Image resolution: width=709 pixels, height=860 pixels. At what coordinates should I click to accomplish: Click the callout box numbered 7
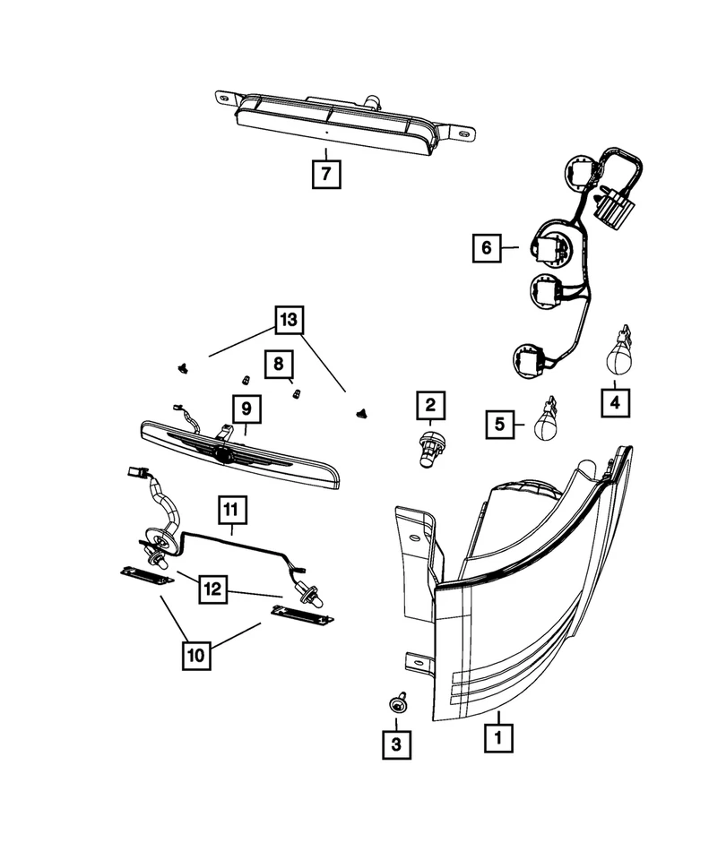click(x=327, y=172)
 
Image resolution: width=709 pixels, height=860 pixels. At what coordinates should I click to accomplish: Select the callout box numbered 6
click(x=487, y=246)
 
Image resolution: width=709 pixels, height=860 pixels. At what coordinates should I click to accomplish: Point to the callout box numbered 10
click(x=196, y=655)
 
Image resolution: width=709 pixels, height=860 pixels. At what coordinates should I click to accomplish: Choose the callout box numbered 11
click(x=230, y=512)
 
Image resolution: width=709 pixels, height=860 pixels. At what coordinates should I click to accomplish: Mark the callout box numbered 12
click(x=213, y=590)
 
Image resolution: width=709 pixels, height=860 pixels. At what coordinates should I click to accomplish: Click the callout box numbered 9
click(x=247, y=409)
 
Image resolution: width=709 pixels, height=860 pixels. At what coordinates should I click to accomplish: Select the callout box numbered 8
click(x=278, y=364)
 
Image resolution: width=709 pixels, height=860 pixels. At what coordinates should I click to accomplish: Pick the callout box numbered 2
click(x=429, y=408)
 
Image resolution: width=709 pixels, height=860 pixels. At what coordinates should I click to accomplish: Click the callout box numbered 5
click(x=501, y=422)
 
